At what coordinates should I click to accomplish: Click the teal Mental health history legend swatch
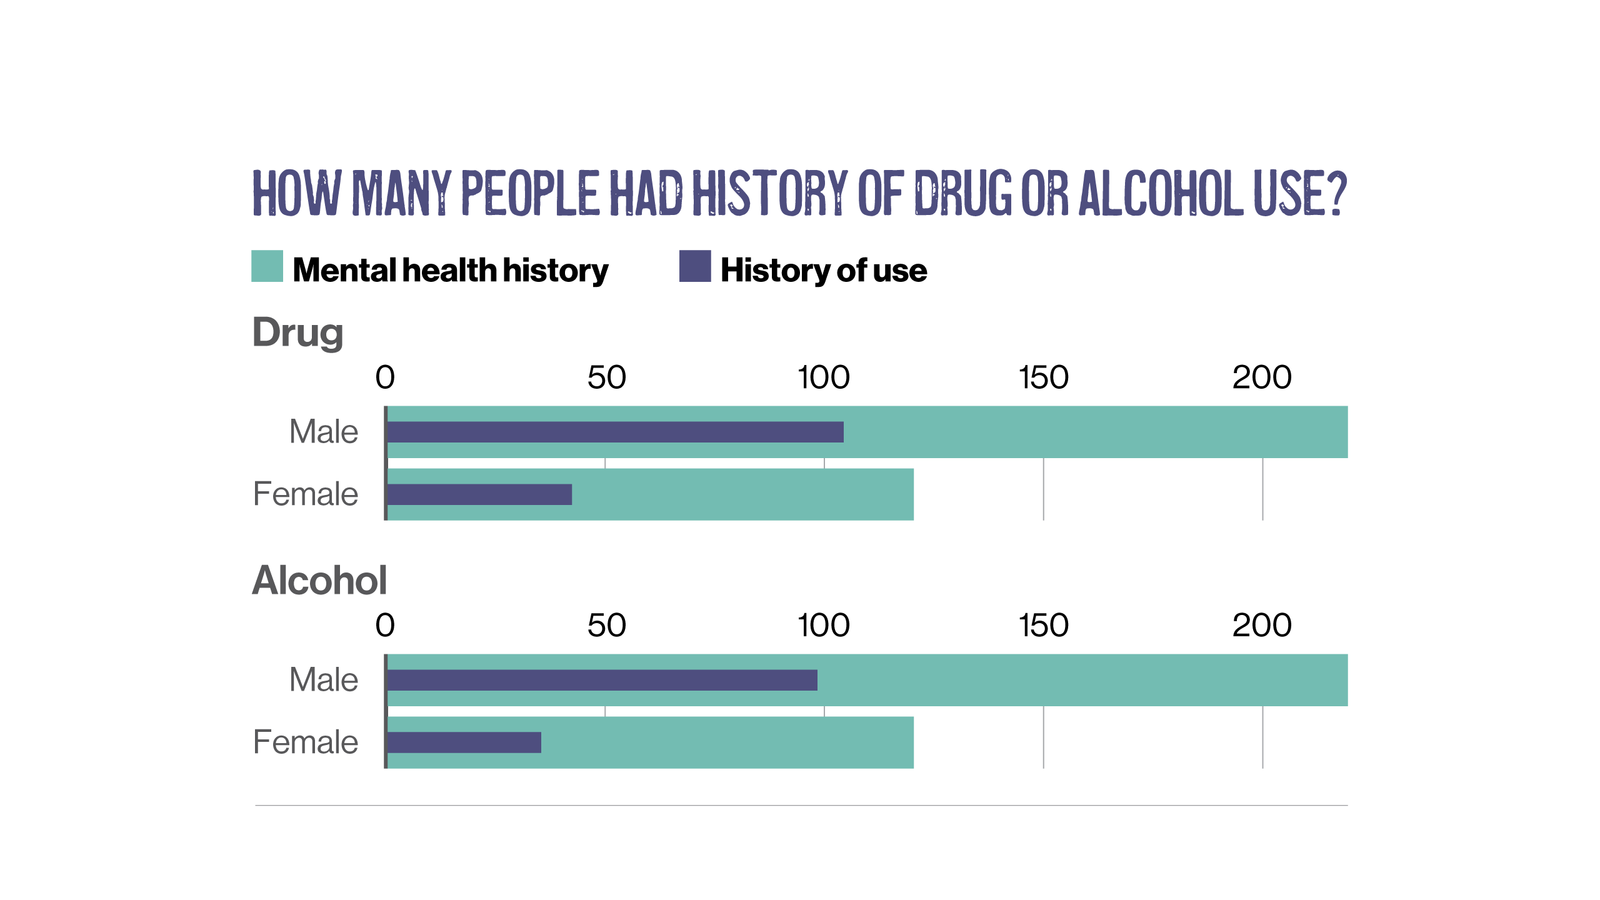(267, 266)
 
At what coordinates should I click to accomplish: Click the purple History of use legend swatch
(695, 266)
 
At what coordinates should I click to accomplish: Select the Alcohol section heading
(319, 580)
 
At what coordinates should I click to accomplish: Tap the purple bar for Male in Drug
(615, 432)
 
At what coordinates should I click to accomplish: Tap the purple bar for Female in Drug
(479, 494)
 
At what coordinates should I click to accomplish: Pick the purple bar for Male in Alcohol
(602, 680)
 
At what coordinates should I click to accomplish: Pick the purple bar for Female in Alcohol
(464, 742)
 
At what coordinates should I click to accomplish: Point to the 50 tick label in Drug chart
(606, 377)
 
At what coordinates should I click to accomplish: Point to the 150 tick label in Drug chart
(1043, 377)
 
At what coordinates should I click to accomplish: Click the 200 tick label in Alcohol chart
(1262, 626)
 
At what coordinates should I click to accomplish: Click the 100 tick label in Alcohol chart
(823, 626)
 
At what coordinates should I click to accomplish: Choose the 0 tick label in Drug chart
(385, 377)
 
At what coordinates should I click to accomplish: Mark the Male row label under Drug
(324, 432)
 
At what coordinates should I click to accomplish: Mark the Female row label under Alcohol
(306, 742)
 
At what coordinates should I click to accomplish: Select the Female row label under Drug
(306, 494)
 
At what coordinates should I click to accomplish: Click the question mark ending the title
(1337, 193)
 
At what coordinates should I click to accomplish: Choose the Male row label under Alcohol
(324, 680)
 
